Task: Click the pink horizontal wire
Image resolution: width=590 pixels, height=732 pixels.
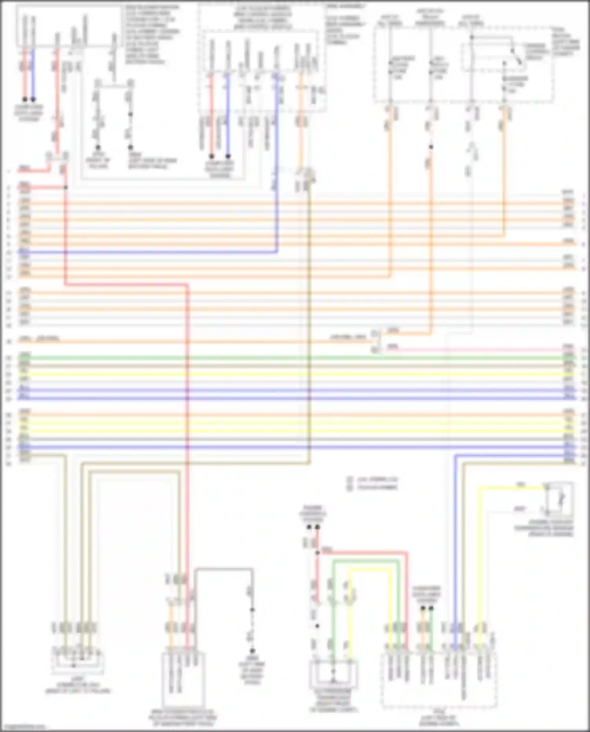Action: click(472, 350)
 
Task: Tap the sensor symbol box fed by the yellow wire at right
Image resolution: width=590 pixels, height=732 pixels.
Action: click(559, 499)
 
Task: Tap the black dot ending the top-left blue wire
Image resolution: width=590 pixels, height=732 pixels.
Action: click(33, 100)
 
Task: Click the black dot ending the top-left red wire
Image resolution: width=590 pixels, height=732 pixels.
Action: click(25, 100)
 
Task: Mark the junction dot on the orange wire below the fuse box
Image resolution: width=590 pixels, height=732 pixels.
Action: click(431, 147)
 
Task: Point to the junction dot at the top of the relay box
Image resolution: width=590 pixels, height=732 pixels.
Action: click(472, 37)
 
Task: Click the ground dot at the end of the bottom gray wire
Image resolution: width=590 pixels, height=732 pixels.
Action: click(252, 651)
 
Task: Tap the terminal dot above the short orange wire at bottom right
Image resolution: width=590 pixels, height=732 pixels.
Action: click(423, 608)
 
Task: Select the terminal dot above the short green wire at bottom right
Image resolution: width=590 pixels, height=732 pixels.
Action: click(431, 608)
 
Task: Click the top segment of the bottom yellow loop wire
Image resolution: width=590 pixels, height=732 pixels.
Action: click(370, 570)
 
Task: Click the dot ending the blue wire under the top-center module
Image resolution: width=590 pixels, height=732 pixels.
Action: click(228, 156)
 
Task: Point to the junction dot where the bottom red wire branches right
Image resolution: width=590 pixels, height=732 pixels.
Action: click(317, 553)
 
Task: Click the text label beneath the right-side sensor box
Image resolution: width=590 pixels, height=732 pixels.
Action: click(544, 531)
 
